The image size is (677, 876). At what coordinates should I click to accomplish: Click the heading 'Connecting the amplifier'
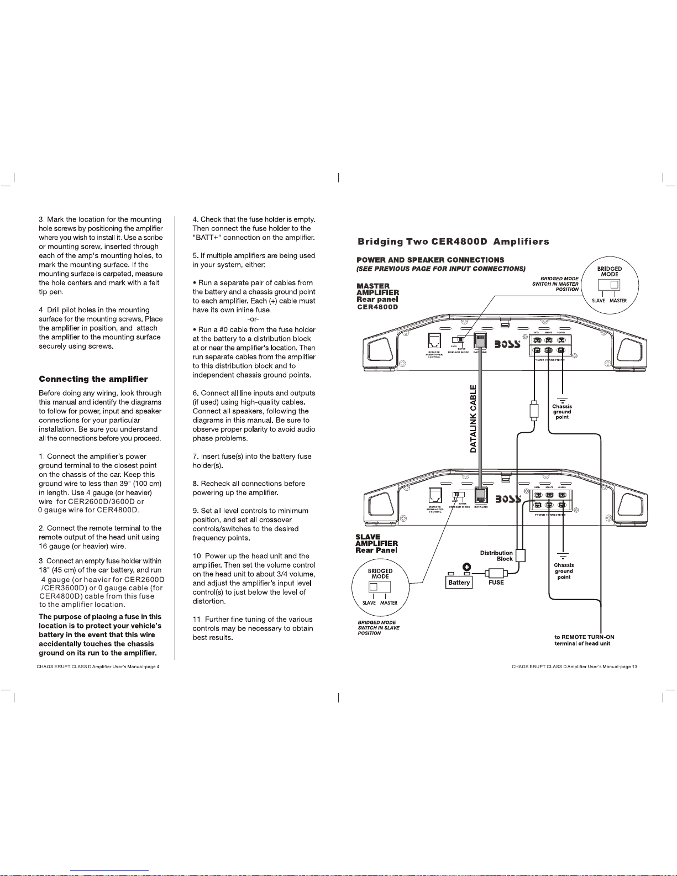93,379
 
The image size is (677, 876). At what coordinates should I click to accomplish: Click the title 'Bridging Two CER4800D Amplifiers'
453,242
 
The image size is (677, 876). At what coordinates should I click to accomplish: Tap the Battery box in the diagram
459,583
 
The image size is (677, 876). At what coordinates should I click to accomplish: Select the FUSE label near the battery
496,583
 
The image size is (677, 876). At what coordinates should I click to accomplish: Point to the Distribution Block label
496,555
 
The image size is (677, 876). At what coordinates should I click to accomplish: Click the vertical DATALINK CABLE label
473,419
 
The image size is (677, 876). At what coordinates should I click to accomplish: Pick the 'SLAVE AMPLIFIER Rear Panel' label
376,543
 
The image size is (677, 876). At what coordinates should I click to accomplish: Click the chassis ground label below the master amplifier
562,412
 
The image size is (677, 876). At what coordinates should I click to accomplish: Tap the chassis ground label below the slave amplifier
564,571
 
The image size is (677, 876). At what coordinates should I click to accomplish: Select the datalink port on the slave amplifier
480,496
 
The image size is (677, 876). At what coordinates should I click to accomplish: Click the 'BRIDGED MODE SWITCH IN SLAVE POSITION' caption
379,628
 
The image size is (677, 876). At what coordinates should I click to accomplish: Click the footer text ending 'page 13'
575,667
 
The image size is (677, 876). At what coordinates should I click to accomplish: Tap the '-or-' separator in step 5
254,319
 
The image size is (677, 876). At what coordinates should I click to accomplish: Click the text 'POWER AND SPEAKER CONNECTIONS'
430,260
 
